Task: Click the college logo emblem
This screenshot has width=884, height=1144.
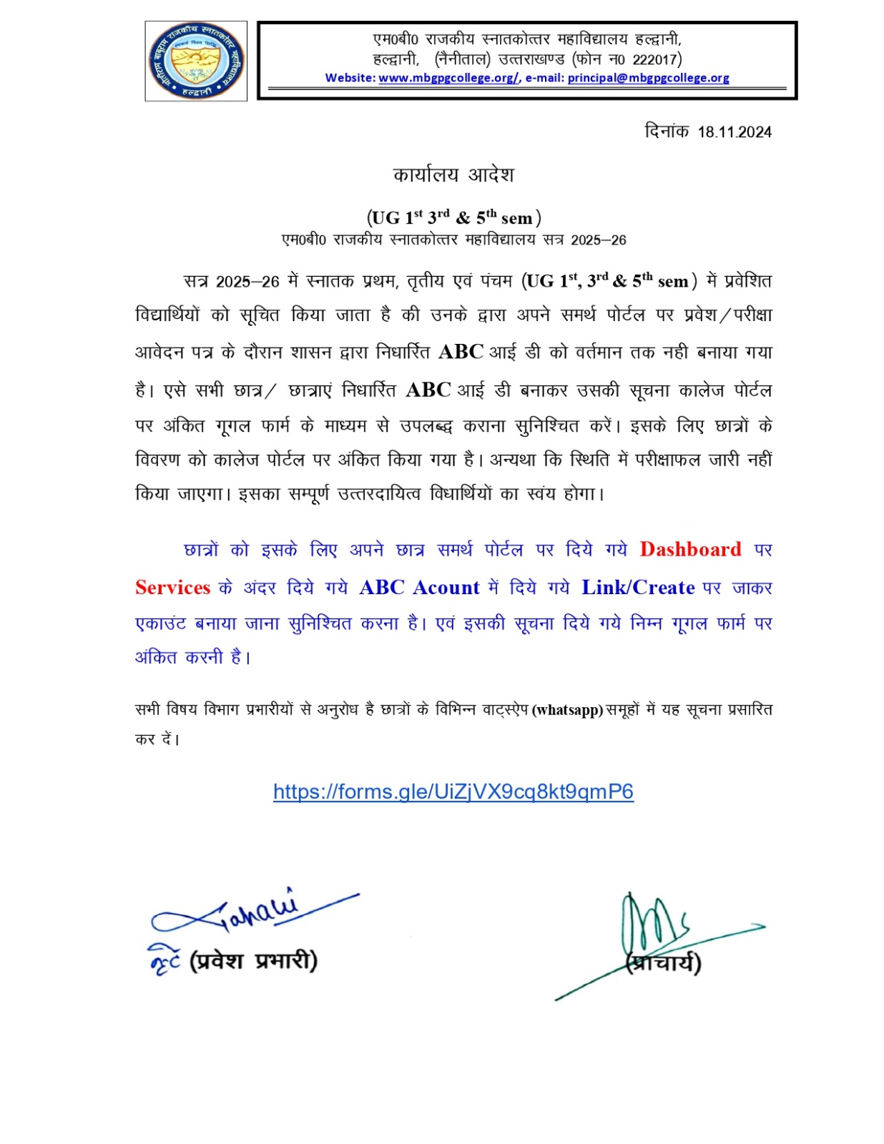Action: click(196, 61)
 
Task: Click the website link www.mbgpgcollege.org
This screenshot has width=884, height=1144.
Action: click(448, 78)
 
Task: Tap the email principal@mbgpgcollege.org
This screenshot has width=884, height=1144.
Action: click(648, 78)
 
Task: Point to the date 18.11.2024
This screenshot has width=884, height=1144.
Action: click(735, 132)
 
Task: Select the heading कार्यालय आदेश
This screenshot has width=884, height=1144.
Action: click(453, 175)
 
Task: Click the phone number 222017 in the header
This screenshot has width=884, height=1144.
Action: click(654, 59)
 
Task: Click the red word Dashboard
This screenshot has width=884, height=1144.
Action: click(690, 549)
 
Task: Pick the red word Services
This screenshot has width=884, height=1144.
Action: click(172, 588)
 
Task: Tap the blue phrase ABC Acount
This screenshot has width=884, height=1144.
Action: click(419, 588)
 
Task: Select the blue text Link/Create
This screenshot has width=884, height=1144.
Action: click(638, 588)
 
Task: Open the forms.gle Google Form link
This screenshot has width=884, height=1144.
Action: click(453, 792)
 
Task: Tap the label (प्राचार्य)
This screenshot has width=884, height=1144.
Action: click(664, 964)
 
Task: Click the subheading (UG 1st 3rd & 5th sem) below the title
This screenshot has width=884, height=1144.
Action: click(453, 217)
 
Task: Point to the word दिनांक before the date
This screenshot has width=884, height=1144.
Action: click(666, 132)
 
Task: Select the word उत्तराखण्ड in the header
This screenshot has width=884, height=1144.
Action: click(531, 59)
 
